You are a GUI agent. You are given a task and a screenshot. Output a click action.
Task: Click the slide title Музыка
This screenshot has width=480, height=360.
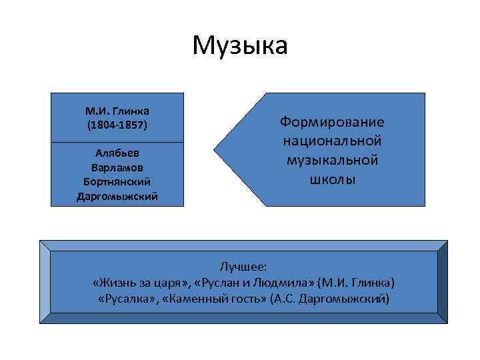point(240,46)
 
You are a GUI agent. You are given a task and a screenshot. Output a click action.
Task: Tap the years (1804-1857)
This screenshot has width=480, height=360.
point(117,124)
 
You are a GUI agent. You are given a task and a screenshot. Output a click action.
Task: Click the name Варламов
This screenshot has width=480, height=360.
point(117,167)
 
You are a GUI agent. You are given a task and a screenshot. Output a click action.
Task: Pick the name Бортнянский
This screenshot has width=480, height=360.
point(117,181)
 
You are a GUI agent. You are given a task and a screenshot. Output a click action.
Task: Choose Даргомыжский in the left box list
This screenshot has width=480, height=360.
point(117,196)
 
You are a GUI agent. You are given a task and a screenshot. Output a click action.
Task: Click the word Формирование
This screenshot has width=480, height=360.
point(332,123)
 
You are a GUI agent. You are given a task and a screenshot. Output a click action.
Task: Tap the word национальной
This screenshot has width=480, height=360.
point(332,141)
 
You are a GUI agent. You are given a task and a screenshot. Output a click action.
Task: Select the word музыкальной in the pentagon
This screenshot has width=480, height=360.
point(332,161)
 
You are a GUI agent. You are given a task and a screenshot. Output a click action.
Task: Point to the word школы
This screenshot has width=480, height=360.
point(332,180)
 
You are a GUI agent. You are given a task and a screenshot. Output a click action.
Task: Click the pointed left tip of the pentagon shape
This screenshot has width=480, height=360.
point(215,149)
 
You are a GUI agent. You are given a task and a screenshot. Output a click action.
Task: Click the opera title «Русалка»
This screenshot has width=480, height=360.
point(123,298)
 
